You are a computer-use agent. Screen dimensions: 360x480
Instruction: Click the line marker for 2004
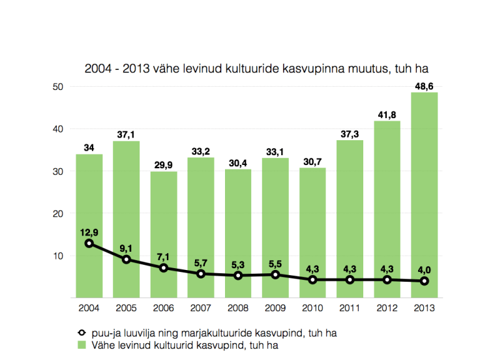click(89, 243)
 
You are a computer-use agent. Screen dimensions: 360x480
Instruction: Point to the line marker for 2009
click(275, 275)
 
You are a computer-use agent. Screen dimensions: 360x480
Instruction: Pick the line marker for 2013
click(424, 281)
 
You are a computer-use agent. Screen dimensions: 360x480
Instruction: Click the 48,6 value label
click(424, 86)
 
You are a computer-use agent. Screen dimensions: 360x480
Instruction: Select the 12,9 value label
click(89, 232)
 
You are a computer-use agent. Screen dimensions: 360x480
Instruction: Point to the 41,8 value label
click(387, 115)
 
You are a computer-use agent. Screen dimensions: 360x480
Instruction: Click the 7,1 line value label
click(164, 256)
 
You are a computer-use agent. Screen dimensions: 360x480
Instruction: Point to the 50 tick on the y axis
click(57, 87)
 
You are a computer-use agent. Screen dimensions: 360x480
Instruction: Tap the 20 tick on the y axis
click(57, 214)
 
